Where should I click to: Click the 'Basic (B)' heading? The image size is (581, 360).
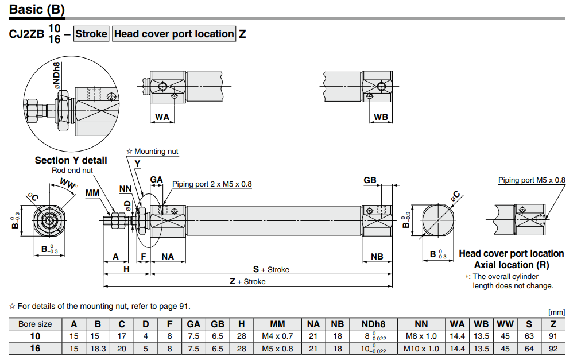point(37,10)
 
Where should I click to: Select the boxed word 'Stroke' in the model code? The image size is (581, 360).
point(91,34)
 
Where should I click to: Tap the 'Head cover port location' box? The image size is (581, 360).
point(174,34)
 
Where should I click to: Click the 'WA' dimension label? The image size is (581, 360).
point(162,117)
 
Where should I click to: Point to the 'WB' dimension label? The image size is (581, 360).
point(381,117)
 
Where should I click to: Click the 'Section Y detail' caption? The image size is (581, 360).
point(71,160)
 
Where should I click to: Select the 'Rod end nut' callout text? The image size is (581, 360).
point(72,170)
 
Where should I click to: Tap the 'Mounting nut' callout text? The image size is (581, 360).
point(156,151)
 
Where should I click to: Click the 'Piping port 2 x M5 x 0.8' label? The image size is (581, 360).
point(212,184)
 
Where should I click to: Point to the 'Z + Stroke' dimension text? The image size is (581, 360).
point(247,281)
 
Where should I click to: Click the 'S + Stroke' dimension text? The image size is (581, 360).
point(271,269)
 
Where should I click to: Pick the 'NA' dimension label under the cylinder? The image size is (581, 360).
point(167,257)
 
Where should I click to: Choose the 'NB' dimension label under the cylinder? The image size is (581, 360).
point(377,257)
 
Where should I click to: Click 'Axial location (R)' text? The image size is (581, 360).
point(511,265)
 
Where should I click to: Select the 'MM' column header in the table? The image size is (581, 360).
point(277,324)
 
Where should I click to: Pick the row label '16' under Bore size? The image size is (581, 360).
point(35,349)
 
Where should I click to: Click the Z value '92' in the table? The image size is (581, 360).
point(553,349)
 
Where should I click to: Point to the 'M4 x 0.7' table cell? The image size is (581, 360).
point(277,336)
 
